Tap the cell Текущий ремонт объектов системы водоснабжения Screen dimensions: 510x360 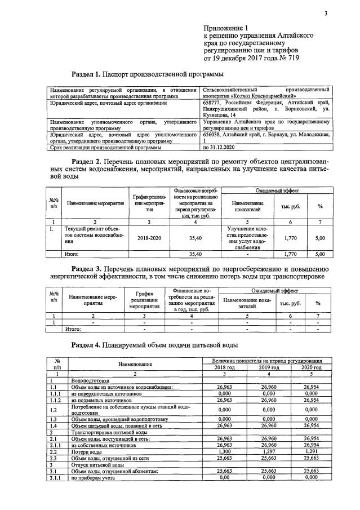93,237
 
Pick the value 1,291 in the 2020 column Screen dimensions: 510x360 311,452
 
